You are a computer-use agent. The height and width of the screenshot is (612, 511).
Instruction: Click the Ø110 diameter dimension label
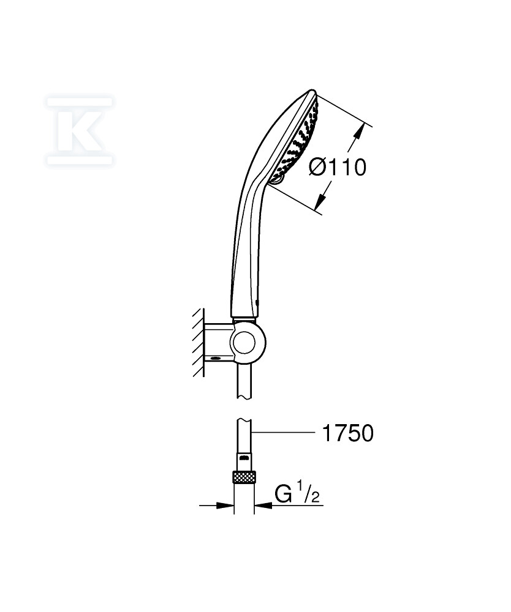(x=338, y=168)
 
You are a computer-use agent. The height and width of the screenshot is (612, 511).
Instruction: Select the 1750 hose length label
(x=347, y=433)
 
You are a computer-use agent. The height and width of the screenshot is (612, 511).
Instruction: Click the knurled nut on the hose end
(x=244, y=477)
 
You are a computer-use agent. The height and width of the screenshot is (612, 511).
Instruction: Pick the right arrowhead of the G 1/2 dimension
(x=263, y=506)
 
